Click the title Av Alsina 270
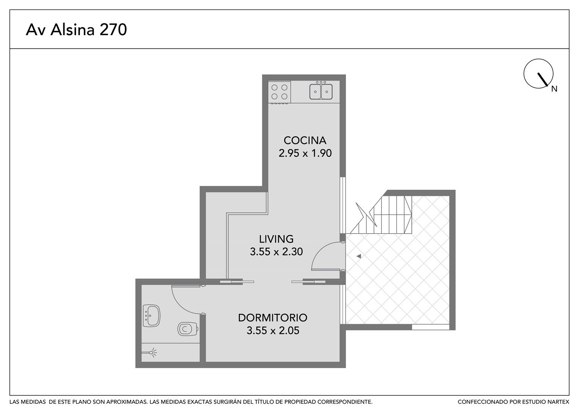click(76, 30)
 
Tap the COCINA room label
click(305, 140)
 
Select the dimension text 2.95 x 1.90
click(305, 153)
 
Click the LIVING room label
click(276, 239)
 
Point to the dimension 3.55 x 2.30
click(276, 251)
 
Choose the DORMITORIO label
click(273, 318)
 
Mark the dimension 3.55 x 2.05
click(273, 331)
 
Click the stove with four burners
click(279, 92)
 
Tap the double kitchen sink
click(321, 91)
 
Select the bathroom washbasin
click(151, 315)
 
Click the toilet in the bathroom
click(188, 329)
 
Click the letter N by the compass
click(554, 89)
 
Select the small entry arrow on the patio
click(359, 256)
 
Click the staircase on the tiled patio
click(381, 215)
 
